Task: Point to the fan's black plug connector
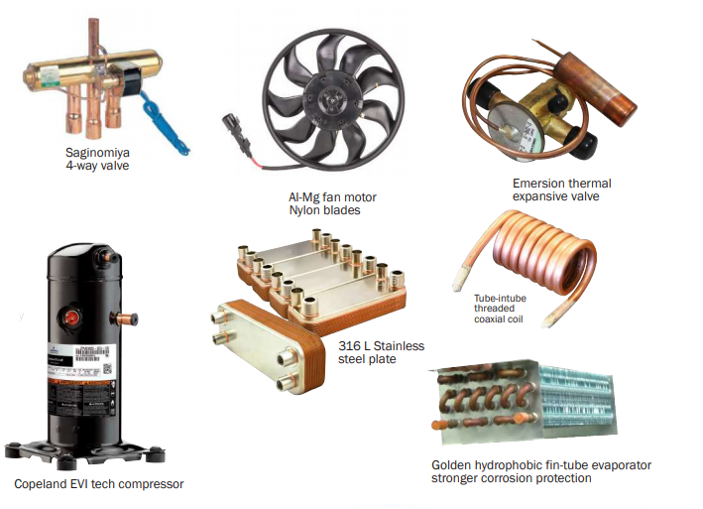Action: [234, 130]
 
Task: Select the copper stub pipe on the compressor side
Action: [125, 320]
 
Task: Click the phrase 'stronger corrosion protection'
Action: [511, 478]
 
